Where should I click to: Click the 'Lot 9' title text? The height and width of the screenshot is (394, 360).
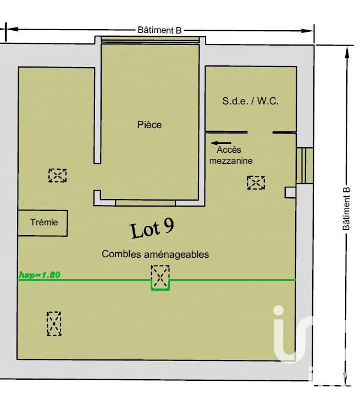(152, 228)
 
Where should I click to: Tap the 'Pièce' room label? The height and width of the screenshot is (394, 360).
(149, 125)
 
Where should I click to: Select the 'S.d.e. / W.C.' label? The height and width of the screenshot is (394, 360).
(251, 101)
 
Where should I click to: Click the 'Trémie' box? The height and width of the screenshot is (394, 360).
(43, 223)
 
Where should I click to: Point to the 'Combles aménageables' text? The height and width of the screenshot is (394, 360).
(156, 254)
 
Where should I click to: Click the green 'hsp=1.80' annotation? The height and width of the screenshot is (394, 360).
(40, 275)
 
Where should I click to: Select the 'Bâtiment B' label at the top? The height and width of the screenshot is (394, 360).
(159, 31)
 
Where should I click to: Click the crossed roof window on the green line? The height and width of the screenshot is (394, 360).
(160, 276)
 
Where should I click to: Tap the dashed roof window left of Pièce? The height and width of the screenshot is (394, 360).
(57, 175)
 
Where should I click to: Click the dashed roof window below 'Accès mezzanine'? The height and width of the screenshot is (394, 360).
(256, 182)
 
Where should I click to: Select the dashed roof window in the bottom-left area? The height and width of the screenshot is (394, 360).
(54, 323)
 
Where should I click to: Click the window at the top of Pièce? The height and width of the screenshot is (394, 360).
(150, 40)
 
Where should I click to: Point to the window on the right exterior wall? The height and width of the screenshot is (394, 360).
(304, 165)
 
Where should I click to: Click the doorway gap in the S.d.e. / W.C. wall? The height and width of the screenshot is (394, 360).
(260, 132)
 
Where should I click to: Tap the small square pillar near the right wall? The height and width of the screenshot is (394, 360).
(290, 192)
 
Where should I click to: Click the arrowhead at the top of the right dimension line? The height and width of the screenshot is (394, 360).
(346, 51)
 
